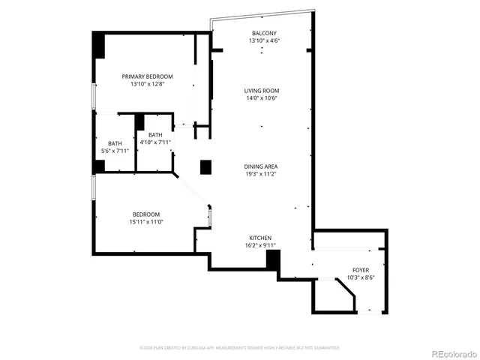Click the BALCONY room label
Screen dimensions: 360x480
[263, 33]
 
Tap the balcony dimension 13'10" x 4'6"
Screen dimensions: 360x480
[263, 40]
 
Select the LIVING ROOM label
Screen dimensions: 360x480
[262, 91]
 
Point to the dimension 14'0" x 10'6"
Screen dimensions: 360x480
[262, 98]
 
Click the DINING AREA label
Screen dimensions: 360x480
[262, 166]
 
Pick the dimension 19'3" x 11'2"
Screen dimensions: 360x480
[262, 174]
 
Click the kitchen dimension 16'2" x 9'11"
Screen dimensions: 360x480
[261, 245]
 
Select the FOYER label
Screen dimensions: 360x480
[361, 270]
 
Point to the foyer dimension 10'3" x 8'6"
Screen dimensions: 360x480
[361, 277]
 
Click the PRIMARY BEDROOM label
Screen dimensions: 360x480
[148, 76]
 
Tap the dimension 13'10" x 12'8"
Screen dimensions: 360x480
[148, 84]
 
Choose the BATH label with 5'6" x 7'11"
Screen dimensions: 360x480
[115, 143]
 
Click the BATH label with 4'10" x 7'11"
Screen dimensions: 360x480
[154, 134]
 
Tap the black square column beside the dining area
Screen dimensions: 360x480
[205, 166]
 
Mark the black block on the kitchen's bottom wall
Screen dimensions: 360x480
[273, 260]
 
